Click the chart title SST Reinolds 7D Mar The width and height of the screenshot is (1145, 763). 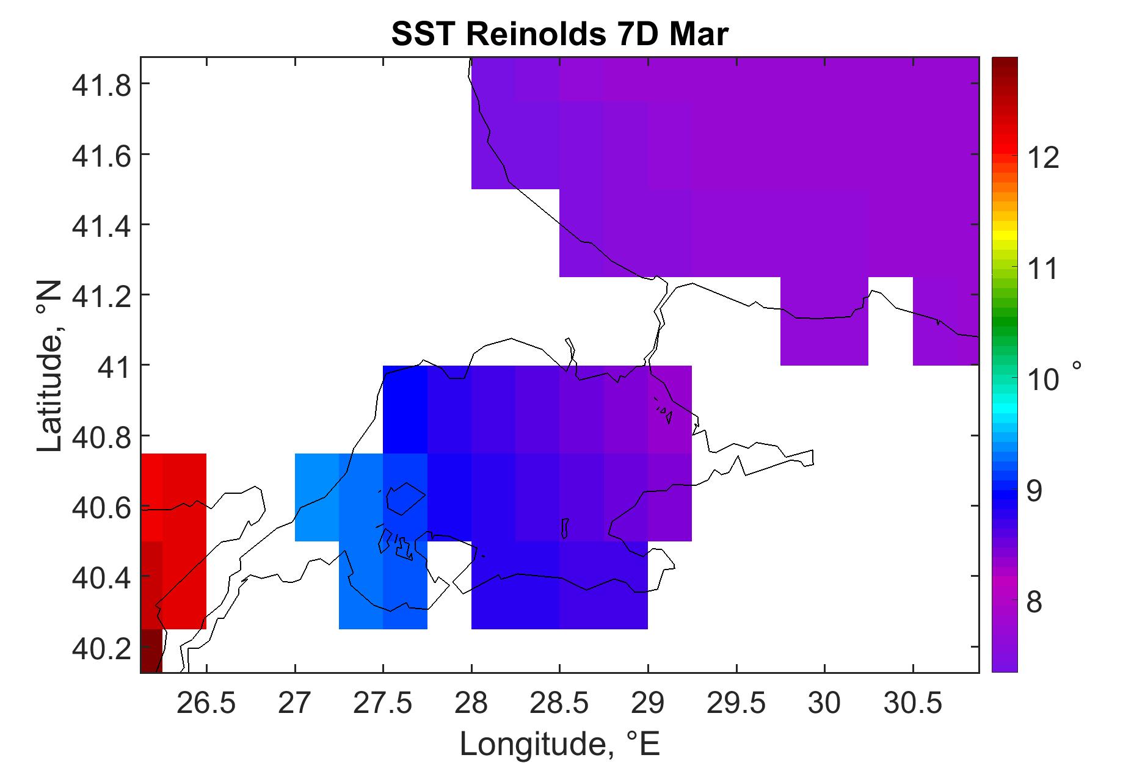[559, 35]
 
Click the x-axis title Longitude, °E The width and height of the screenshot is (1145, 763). [559, 743]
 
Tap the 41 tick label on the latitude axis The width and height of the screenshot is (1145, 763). [115, 366]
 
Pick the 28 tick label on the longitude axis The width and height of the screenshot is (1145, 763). [471, 704]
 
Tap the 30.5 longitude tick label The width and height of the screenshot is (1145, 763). [913, 704]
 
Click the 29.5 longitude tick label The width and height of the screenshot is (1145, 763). [736, 704]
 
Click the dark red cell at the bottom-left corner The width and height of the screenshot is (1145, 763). [151, 651]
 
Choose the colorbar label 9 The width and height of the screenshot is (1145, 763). [1034, 492]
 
